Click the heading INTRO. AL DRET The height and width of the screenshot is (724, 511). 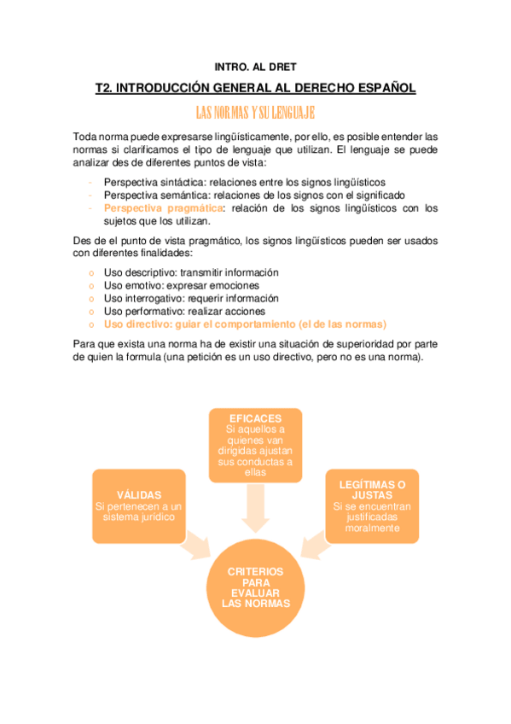click(255, 66)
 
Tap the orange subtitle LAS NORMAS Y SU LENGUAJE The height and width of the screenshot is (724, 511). click(255, 113)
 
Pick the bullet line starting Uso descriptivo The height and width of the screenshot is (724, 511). click(191, 272)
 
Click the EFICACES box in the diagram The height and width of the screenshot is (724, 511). click(255, 445)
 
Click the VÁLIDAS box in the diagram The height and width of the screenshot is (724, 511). click(138, 505)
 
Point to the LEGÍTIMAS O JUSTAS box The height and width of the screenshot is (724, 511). click(372, 505)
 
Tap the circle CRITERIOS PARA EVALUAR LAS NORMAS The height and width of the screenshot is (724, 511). click(255, 587)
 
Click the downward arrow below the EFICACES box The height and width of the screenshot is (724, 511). click(255, 512)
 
